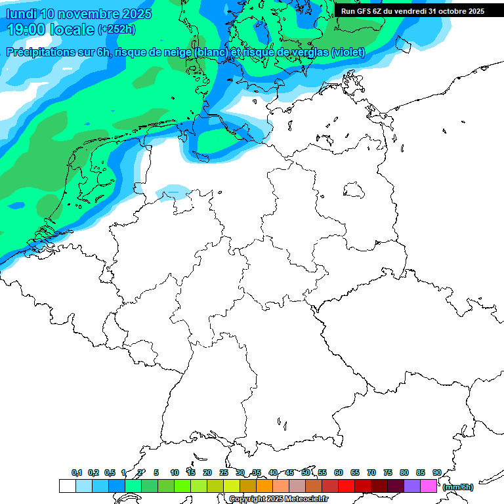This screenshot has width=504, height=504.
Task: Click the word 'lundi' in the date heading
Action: pos(21,14)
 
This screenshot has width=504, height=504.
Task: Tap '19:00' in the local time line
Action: pos(27,30)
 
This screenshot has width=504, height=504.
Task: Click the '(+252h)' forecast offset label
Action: pos(117,30)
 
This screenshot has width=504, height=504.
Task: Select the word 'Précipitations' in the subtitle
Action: pos(41,52)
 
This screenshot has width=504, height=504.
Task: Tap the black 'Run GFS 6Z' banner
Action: pos(412,10)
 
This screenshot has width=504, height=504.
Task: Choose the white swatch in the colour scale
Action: pos(67,486)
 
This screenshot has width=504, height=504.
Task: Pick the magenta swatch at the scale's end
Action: pos(429,486)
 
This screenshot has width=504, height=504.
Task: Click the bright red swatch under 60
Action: pos(346,486)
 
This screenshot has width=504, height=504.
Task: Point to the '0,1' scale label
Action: pos(77,472)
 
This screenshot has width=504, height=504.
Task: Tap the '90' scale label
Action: pos(437,472)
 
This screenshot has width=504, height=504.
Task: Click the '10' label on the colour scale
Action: pos(175,472)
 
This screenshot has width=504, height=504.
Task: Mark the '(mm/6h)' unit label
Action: pos(458,487)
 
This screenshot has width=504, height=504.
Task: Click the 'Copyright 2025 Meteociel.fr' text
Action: pos(278,499)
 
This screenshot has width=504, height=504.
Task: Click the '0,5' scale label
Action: pos(110,472)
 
